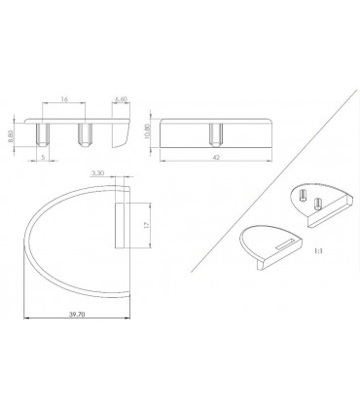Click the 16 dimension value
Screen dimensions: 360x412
pos(64,99)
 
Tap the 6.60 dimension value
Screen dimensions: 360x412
pos(122,99)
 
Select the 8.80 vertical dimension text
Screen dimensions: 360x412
pos(10,136)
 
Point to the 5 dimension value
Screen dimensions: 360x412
pos(43,158)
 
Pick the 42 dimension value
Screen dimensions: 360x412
pos(216,158)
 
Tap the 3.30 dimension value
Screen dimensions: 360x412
pos(97,173)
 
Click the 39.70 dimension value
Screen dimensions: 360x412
pos(77,315)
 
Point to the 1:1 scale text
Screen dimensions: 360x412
pos(318,251)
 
